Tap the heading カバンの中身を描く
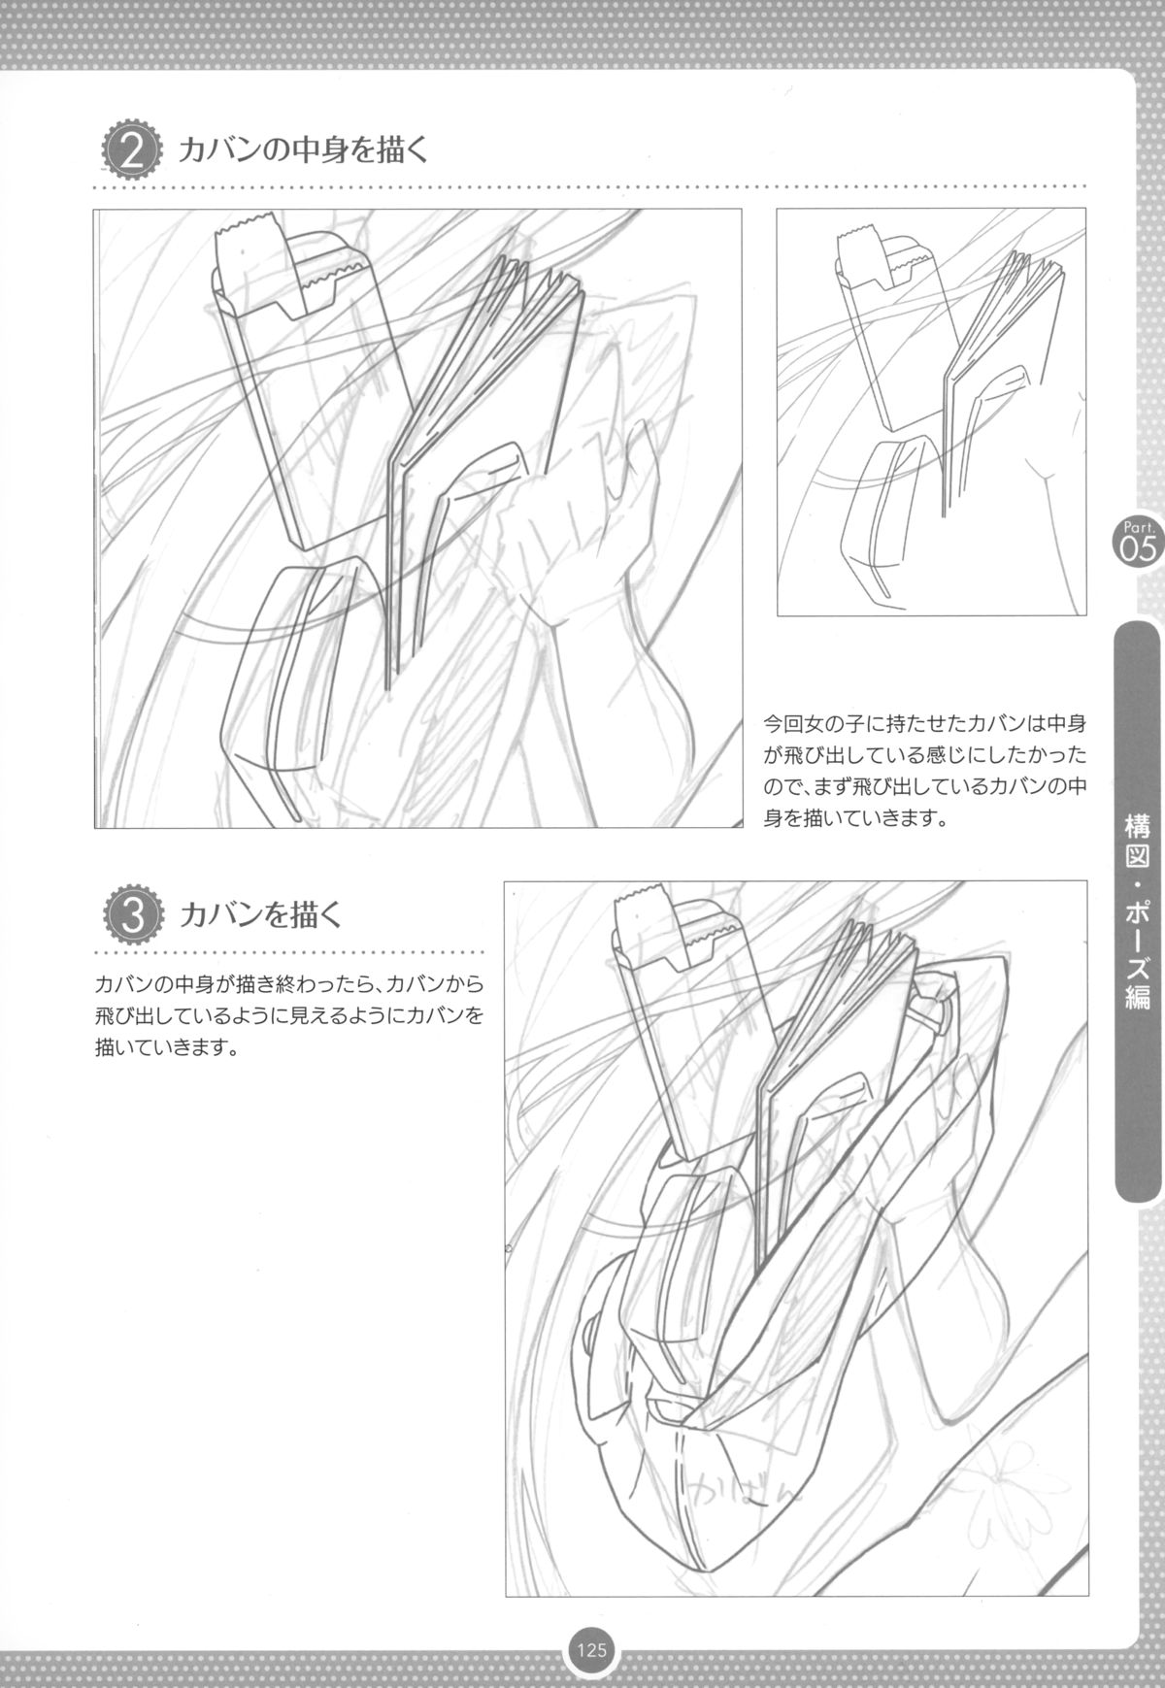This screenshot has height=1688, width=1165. tap(304, 151)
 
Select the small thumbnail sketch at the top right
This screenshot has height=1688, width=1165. tap(931, 412)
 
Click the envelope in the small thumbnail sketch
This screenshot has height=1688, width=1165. tap(888, 340)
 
